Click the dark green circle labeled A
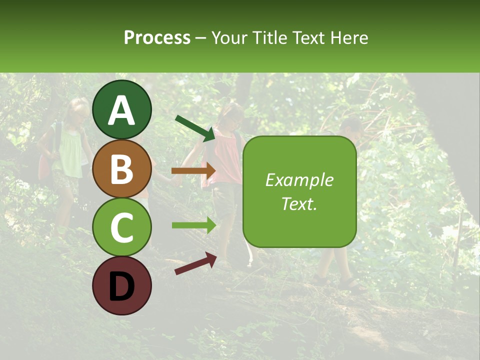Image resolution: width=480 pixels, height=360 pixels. tap(121, 110)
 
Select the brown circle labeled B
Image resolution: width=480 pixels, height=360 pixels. tap(121, 168)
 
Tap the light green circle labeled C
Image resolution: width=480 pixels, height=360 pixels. tap(121, 227)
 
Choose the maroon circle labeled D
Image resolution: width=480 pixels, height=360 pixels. tap(121, 285)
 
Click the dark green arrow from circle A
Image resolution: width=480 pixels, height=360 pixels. tap(195, 127)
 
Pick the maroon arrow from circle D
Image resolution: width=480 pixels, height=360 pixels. tap(195, 263)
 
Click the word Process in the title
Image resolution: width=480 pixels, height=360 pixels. tap(157, 37)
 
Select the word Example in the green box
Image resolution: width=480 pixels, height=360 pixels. tap(299, 180)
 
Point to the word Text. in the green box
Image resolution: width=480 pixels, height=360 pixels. tap(299, 203)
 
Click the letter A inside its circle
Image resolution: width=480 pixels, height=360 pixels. tap(121, 110)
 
